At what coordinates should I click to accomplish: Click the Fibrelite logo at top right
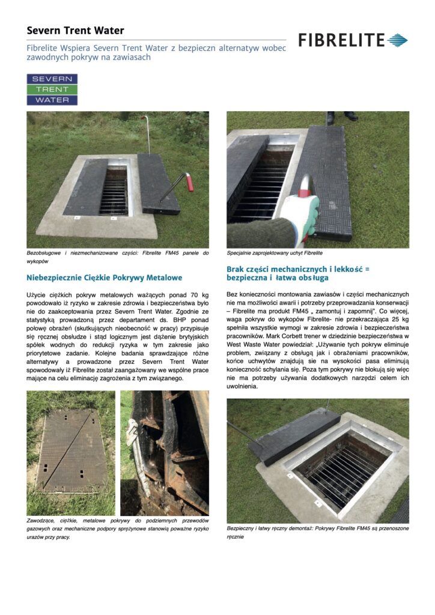coord(353,40)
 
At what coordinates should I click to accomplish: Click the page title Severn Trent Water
coord(75,30)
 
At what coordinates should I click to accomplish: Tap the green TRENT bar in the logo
coord(52,89)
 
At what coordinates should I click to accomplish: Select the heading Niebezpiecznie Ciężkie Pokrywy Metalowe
coord(105,278)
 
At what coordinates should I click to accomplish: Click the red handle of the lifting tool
coord(190,181)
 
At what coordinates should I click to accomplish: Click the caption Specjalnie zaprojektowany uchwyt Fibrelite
coord(275,253)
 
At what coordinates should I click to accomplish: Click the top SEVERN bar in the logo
coord(52,79)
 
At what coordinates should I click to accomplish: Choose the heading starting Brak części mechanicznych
coord(297,274)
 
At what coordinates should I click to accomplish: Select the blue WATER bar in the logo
coord(52,100)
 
